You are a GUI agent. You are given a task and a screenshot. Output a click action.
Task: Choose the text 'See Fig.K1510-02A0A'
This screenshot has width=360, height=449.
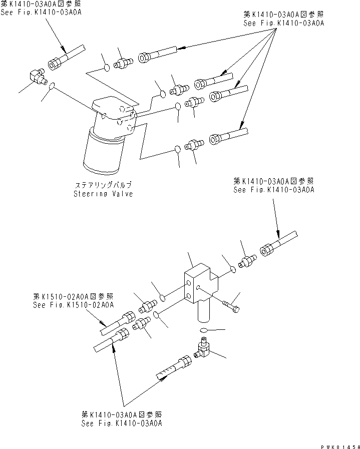pyautogui.click(x=73, y=304)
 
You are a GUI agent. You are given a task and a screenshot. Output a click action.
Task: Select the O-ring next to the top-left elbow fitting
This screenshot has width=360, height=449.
pyautogui.click(x=51, y=88)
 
